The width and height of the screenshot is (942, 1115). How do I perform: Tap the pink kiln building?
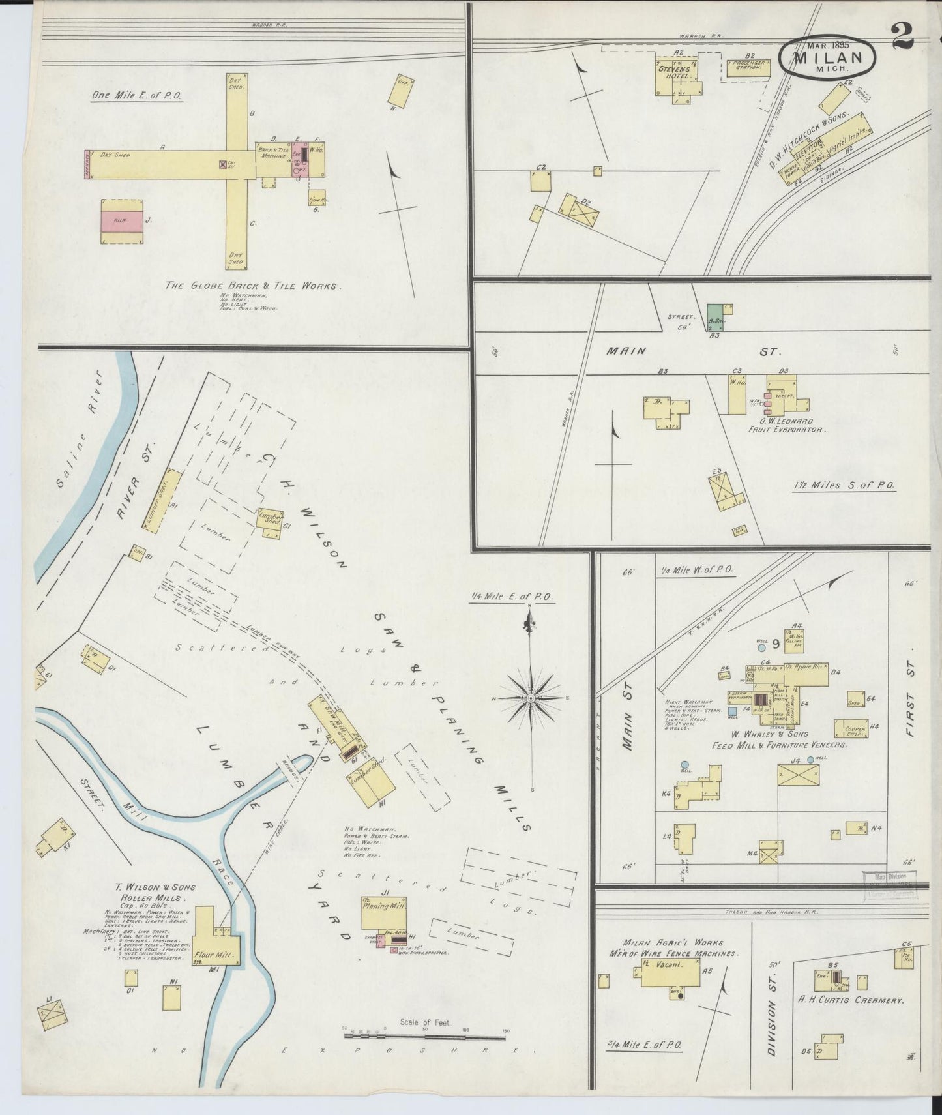[121, 221]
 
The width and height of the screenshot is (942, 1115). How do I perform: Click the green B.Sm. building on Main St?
[715, 317]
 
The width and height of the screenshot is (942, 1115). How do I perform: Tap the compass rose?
[531, 698]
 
